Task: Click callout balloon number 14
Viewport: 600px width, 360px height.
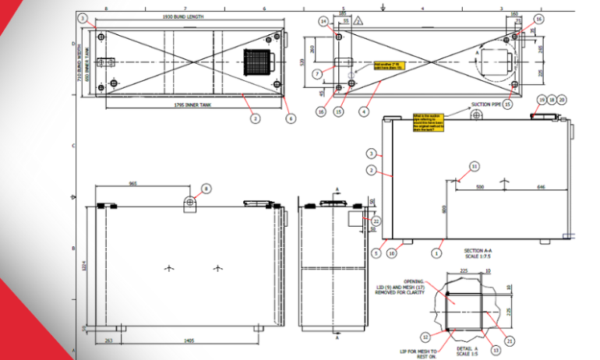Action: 323,22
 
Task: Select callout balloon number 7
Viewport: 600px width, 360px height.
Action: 317,74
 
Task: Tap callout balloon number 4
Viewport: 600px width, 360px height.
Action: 362,112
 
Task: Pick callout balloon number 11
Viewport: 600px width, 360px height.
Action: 475,165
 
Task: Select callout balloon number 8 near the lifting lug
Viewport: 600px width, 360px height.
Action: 206,188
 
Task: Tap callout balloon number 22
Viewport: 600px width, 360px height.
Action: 376,221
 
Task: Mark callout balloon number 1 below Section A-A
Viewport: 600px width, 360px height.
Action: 437,252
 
